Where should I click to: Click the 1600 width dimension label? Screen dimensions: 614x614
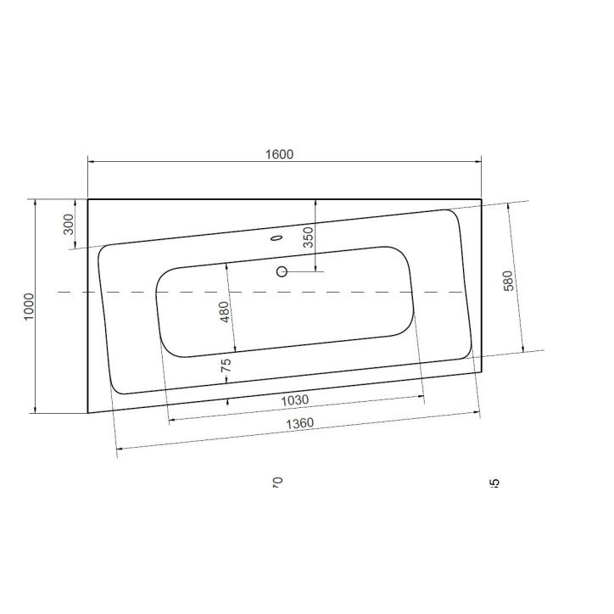click(279, 153)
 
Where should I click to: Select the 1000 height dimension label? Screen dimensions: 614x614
click(29, 306)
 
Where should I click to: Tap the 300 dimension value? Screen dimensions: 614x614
click(70, 224)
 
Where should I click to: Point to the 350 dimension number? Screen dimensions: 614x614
click(309, 236)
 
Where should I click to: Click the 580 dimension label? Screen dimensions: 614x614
click(508, 280)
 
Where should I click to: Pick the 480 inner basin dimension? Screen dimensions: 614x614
click(225, 311)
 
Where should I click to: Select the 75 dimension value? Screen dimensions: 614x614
click(226, 366)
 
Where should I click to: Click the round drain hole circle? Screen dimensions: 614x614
click(282, 272)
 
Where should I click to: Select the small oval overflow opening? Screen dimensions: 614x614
click(276, 238)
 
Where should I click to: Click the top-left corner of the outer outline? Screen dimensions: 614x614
click(88, 200)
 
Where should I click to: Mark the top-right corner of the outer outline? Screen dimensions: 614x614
click(481, 200)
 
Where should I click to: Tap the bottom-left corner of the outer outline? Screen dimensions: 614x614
click(88, 413)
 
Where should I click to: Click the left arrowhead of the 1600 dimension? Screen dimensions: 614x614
click(92, 161)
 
